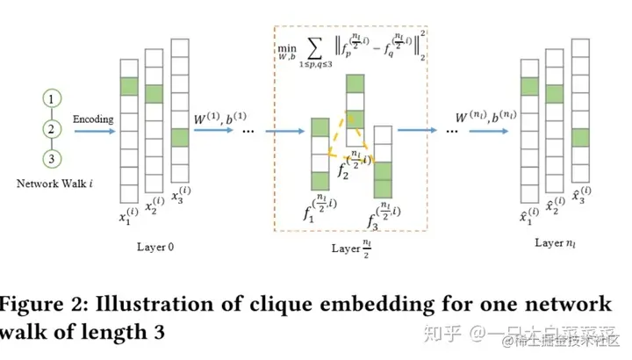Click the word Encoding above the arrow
click(x=92, y=118)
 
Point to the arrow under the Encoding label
click(x=92, y=131)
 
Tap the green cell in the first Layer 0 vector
click(x=128, y=86)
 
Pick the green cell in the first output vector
click(x=528, y=86)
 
